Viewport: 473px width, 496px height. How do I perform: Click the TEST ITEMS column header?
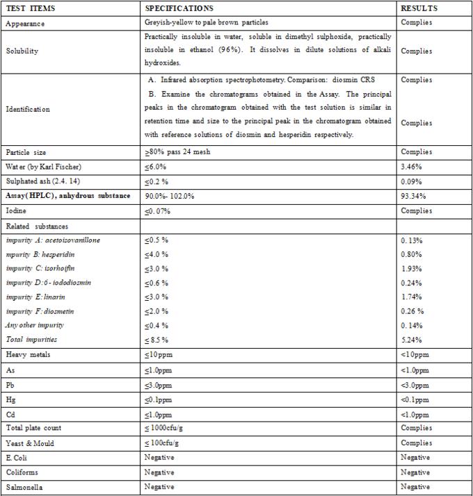[31, 8]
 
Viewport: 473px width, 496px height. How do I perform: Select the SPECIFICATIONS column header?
[179, 8]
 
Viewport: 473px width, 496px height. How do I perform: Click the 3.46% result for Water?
[412, 167]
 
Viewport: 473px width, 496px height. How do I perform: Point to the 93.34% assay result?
[415, 196]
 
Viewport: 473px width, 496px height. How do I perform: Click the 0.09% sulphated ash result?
[412, 181]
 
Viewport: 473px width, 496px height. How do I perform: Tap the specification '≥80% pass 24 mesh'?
[179, 152]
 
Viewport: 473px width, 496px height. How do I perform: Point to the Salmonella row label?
[24, 487]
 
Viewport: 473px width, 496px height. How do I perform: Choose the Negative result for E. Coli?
[415, 457]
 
